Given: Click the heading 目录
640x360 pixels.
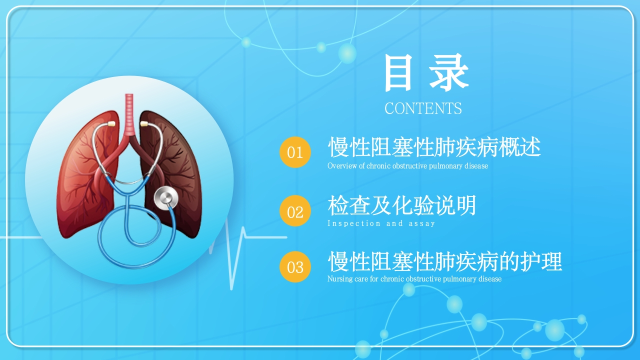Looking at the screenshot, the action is [x=426, y=72].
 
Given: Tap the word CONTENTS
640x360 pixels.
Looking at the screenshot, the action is [x=423, y=108].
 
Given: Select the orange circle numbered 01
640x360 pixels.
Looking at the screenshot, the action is [x=295, y=152].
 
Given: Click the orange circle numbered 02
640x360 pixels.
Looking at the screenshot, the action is [x=295, y=211].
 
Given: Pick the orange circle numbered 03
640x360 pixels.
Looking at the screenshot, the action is [x=295, y=267].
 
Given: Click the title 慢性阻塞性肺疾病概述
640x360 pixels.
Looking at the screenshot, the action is [x=434, y=147].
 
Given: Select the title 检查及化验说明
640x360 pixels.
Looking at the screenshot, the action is [x=402, y=205].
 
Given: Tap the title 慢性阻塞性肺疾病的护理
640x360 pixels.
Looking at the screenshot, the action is [x=445, y=261].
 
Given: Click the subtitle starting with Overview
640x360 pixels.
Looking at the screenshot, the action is [x=407, y=166].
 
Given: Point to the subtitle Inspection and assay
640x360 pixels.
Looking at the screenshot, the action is [x=381, y=223].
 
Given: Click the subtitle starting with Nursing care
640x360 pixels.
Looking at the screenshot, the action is [x=414, y=279].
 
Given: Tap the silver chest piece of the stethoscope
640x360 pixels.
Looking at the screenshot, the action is [x=166, y=197].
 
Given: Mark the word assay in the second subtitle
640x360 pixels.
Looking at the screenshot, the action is [x=421, y=223].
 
